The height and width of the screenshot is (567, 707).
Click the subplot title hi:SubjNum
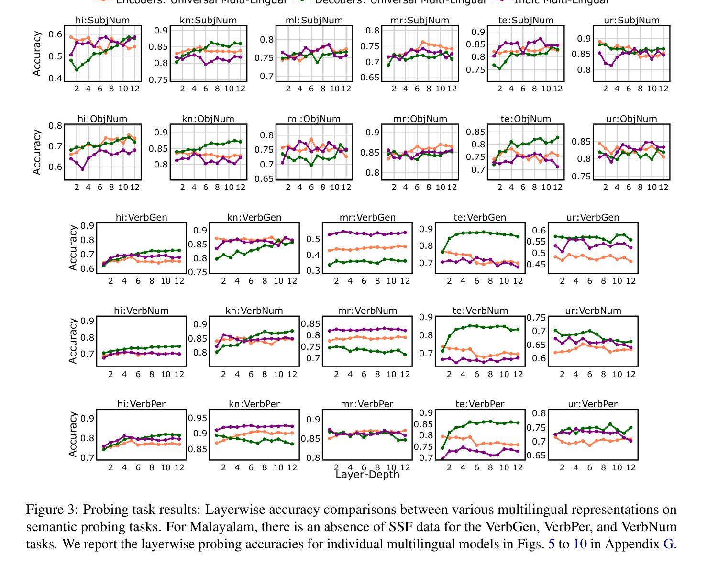pos(102,20)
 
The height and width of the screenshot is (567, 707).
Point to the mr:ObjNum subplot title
pos(420,119)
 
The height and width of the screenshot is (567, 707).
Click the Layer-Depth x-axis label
pos(367,474)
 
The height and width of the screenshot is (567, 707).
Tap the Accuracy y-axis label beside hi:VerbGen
pos(73,248)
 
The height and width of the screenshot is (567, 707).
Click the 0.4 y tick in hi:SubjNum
pos(56,78)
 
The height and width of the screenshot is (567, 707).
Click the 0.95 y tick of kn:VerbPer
pos(198,418)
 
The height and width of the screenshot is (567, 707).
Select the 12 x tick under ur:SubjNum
pos(663,89)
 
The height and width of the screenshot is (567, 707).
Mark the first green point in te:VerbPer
pos(442,448)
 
